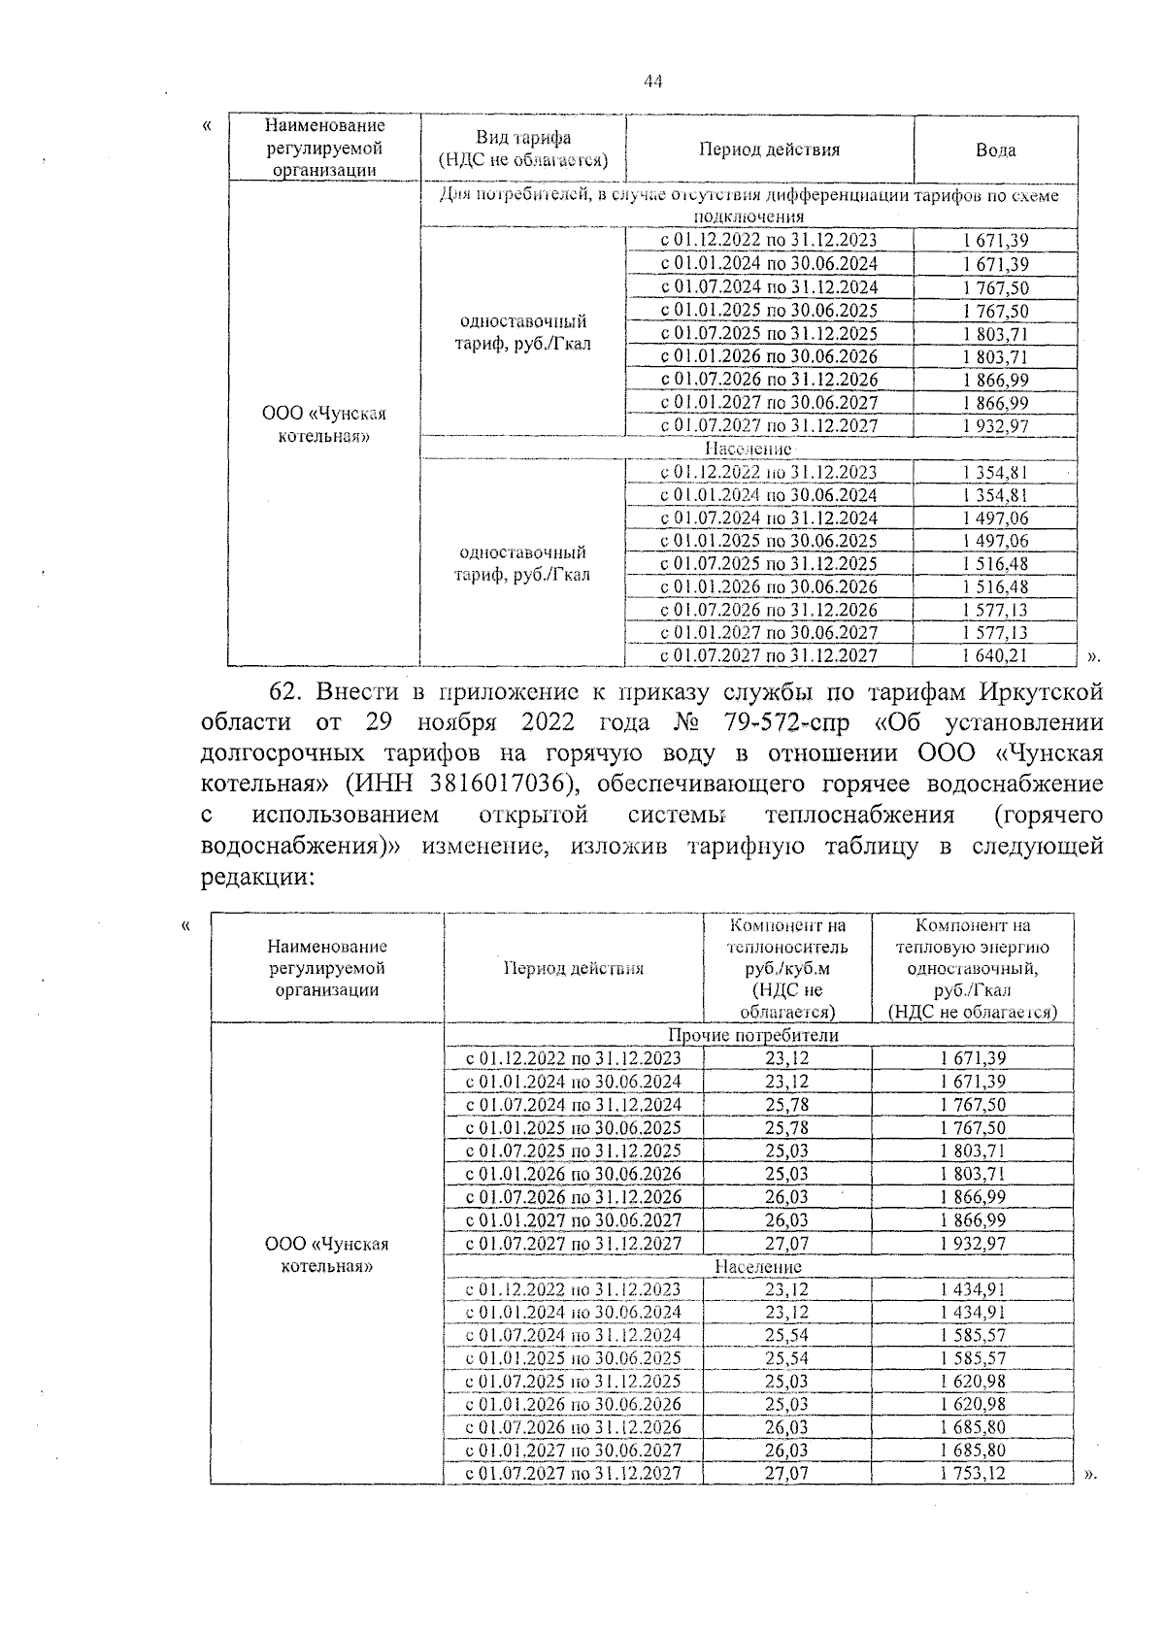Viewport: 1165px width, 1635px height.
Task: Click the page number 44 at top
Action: [652, 83]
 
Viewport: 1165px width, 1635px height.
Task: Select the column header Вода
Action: [995, 150]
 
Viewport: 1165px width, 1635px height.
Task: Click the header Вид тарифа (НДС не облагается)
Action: [522, 149]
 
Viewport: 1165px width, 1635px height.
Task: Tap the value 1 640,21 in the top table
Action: [995, 655]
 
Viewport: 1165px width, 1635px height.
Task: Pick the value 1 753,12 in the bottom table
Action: [972, 1473]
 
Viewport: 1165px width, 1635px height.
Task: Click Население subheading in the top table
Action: [748, 449]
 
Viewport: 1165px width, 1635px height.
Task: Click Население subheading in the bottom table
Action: [758, 1266]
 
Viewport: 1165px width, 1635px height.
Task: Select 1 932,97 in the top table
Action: [995, 425]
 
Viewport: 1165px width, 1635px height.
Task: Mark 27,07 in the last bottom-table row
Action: [786, 1473]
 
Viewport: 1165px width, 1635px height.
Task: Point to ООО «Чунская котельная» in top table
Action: [323, 424]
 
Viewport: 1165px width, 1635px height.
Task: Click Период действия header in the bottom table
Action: [573, 968]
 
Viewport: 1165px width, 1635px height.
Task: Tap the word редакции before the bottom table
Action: [255, 877]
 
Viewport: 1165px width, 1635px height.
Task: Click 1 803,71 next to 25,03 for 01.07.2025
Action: [972, 1151]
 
